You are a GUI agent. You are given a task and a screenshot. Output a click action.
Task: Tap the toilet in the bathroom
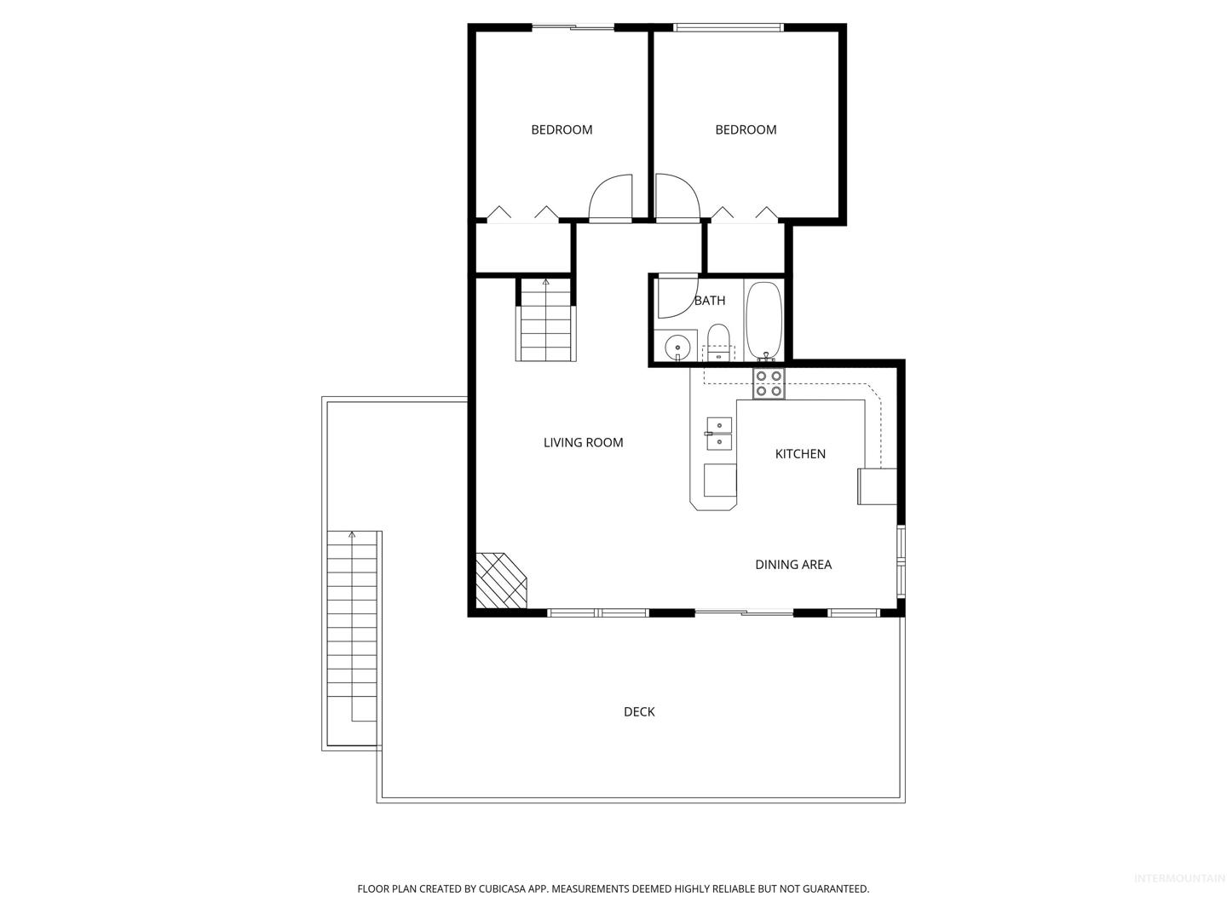click(717, 342)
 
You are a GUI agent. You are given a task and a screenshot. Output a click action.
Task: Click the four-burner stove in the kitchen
click(769, 383)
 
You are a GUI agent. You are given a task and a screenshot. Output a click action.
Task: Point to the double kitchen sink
click(719, 434)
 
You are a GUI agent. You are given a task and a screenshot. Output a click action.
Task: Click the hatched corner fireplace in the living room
click(501, 580)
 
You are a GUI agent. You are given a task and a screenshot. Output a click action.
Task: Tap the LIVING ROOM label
click(583, 442)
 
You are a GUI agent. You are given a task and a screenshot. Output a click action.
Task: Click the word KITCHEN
click(800, 453)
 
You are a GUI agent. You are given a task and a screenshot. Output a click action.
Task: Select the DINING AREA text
click(793, 564)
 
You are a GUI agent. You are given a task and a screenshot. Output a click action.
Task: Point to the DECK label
click(639, 711)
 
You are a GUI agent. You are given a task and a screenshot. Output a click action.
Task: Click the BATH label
click(710, 301)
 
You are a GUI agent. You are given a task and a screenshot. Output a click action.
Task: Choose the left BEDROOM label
click(562, 129)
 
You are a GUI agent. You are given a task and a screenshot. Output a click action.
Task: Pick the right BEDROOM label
click(746, 129)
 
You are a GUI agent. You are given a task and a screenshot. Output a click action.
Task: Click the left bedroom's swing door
click(611, 198)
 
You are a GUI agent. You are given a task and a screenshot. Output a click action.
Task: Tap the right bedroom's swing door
click(677, 198)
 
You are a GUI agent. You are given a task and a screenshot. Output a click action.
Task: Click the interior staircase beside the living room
click(545, 320)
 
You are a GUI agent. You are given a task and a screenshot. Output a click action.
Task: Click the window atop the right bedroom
click(729, 26)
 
